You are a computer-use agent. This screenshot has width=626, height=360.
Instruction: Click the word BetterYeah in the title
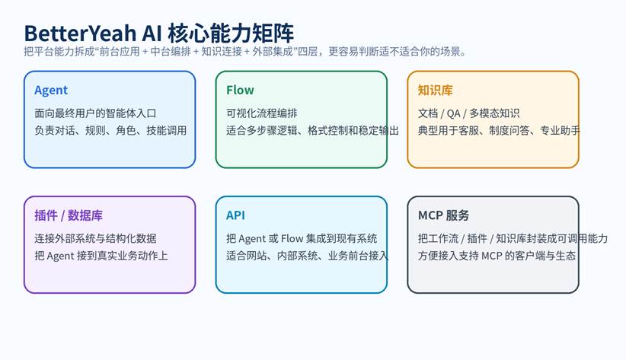pyautogui.click(x=80, y=33)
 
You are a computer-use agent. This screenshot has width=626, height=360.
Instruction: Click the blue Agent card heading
pyautogui.click(x=51, y=91)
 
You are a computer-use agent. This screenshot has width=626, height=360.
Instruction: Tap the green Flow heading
pyautogui.click(x=240, y=91)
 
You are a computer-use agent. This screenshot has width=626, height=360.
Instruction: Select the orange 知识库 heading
pyautogui.click(x=435, y=91)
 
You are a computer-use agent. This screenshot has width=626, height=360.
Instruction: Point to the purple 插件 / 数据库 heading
pyautogui.click(x=69, y=215)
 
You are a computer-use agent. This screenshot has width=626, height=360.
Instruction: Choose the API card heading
pyautogui.click(x=235, y=215)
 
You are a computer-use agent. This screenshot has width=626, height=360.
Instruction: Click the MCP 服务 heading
pyautogui.click(x=443, y=215)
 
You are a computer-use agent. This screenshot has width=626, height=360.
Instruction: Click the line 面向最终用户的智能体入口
pyautogui.click(x=95, y=113)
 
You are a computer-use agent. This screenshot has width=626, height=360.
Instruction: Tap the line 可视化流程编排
pyautogui.click(x=261, y=113)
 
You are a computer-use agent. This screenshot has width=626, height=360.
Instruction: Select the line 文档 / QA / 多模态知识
pyautogui.click(x=468, y=113)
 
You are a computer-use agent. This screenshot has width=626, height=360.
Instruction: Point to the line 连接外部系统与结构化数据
pyautogui.click(x=95, y=239)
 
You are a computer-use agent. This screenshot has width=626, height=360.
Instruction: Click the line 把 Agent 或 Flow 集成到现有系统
pyautogui.click(x=302, y=239)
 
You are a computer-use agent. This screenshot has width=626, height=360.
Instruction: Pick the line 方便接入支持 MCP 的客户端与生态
pyautogui.click(x=497, y=256)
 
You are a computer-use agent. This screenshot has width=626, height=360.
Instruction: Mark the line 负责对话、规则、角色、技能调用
pyautogui.click(x=110, y=130)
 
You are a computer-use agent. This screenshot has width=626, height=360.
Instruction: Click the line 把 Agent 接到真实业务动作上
pyautogui.click(x=101, y=256)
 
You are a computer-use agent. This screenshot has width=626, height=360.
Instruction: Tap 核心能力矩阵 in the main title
pyautogui.click(x=231, y=33)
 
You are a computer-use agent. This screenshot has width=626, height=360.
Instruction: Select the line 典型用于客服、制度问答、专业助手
pyautogui.click(x=499, y=130)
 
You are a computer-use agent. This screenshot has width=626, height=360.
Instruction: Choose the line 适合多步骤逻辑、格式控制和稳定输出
pyautogui.click(x=312, y=130)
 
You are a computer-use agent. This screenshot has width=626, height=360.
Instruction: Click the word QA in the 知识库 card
pyautogui.click(x=453, y=113)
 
